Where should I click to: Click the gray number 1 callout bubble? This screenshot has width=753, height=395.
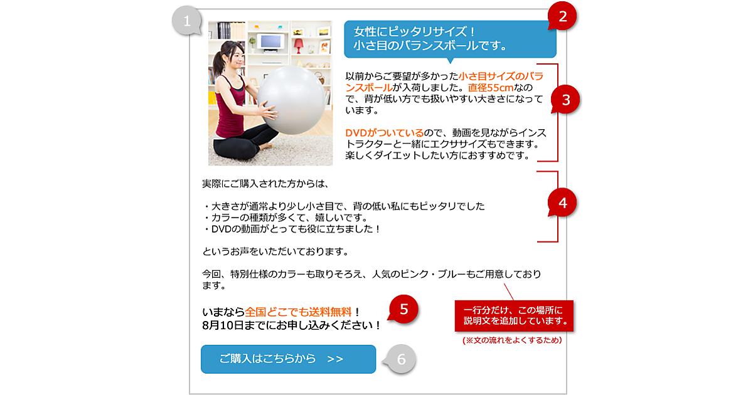(187, 21)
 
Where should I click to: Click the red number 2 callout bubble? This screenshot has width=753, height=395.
(562, 16)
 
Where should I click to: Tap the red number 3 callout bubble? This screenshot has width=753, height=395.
(566, 100)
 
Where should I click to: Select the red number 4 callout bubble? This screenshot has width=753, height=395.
(562, 203)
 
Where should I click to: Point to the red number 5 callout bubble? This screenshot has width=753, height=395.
(403, 309)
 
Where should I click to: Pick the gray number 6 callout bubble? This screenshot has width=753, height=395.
(401, 359)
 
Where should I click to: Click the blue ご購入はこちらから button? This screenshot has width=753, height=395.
(288, 359)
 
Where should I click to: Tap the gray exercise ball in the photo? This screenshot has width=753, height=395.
(292, 100)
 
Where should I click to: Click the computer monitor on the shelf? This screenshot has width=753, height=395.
(270, 43)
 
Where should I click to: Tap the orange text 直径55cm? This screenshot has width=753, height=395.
(491, 88)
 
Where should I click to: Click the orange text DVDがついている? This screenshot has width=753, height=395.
(384, 133)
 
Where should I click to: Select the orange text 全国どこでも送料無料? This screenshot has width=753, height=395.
(298, 312)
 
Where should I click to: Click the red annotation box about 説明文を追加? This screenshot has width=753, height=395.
(514, 316)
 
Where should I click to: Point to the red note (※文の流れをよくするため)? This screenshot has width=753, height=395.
(512, 340)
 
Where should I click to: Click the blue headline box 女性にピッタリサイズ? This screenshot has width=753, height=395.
(450, 39)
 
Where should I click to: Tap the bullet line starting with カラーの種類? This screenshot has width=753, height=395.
(286, 218)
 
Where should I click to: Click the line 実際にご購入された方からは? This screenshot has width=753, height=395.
(265, 184)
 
